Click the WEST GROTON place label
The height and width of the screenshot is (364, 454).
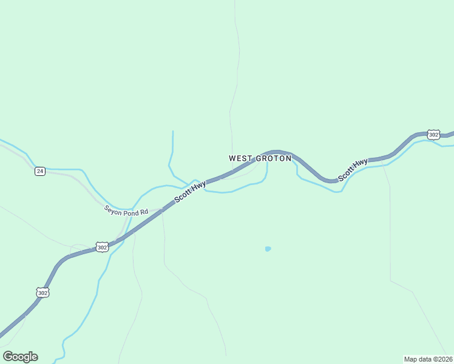[x=260, y=158]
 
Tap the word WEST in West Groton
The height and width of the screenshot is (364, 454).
[x=240, y=158]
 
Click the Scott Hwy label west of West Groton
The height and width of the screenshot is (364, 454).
[x=190, y=192]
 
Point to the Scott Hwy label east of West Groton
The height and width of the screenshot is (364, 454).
[x=353, y=170]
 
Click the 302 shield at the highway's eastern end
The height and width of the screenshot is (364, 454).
[x=433, y=134]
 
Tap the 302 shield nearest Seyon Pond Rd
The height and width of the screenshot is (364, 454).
[x=102, y=247]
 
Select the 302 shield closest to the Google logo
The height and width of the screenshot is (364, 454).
[x=42, y=292]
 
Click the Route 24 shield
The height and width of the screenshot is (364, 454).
[x=39, y=171]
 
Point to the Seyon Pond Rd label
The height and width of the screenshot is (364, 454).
[x=126, y=212]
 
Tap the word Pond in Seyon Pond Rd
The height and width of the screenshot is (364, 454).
[x=131, y=212]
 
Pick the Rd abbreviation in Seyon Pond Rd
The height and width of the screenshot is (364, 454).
[x=144, y=213]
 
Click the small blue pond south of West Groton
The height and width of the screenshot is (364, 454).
[x=268, y=249]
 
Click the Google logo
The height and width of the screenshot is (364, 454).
[x=20, y=357]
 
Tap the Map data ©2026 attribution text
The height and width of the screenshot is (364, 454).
[x=428, y=359]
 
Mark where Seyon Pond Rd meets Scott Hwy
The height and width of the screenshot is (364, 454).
[x=163, y=210]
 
